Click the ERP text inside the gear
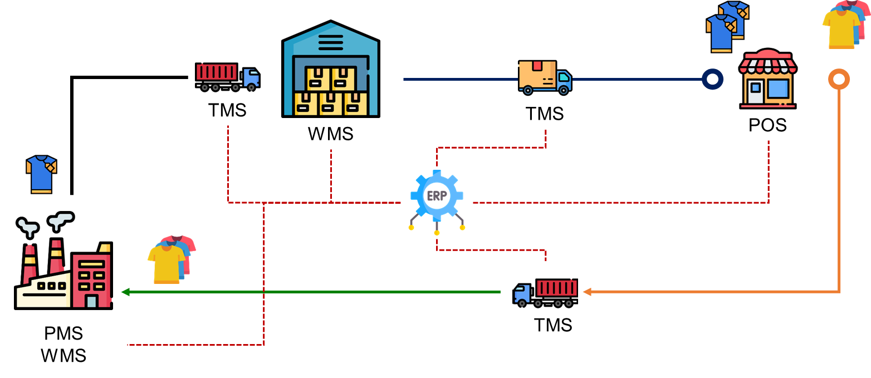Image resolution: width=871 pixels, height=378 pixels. coord(436,196)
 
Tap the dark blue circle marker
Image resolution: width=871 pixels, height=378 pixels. coord(712,79)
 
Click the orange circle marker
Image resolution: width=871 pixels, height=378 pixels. coord(839,79)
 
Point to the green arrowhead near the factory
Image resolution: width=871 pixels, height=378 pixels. coord(125,292)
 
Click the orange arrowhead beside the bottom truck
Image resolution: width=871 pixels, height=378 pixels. coord(586,292)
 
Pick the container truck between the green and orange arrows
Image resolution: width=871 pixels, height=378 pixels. coord(546,292)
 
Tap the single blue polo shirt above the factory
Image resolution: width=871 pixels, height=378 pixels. coord(41,174)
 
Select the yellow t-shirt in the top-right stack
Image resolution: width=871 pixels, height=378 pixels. coord(841,29)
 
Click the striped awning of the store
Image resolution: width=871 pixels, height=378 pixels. coord(768,63)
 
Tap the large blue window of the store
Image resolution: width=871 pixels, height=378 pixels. coord(778,89)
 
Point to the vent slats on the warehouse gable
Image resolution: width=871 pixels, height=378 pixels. coord(331,42)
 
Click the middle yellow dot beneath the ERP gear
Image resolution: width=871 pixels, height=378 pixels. coord(437,232)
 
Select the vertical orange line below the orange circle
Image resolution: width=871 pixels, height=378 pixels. coord(839,189)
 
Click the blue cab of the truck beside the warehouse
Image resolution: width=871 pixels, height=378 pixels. coord(251,77)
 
